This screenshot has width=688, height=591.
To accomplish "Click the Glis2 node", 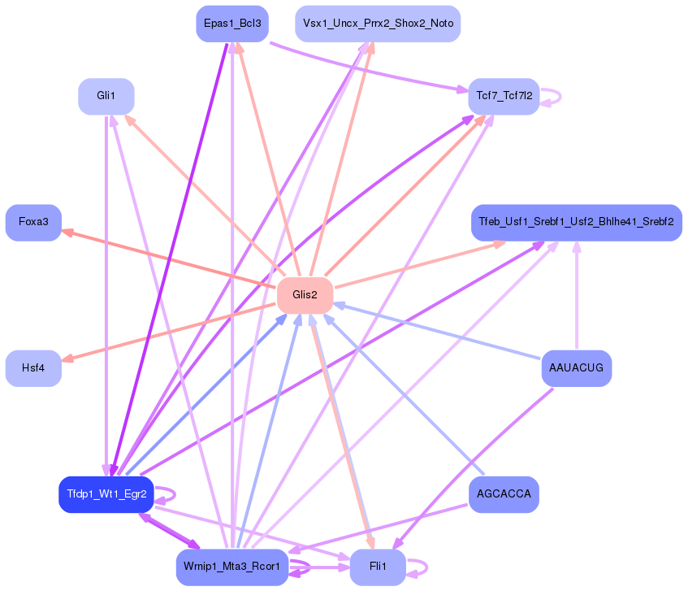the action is click(305, 294).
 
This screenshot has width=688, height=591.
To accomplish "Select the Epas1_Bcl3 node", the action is click(232, 24).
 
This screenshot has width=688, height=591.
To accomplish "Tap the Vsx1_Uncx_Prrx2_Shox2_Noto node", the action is click(378, 24).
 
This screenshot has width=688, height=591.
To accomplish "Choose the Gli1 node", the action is click(106, 96).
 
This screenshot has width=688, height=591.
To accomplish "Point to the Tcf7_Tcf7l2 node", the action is click(503, 96).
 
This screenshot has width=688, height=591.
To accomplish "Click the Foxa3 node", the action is click(33, 222).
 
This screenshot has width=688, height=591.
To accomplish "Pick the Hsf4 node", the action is click(33, 367).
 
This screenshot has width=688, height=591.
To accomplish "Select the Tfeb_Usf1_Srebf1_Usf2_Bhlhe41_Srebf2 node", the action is click(576, 222).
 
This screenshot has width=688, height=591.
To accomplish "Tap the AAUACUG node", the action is click(576, 367).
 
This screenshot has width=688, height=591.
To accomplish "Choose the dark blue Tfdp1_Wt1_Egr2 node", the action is click(106, 494).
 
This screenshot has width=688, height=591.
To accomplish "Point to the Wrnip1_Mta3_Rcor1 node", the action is click(232, 567).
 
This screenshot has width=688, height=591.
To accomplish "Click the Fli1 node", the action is click(378, 567).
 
